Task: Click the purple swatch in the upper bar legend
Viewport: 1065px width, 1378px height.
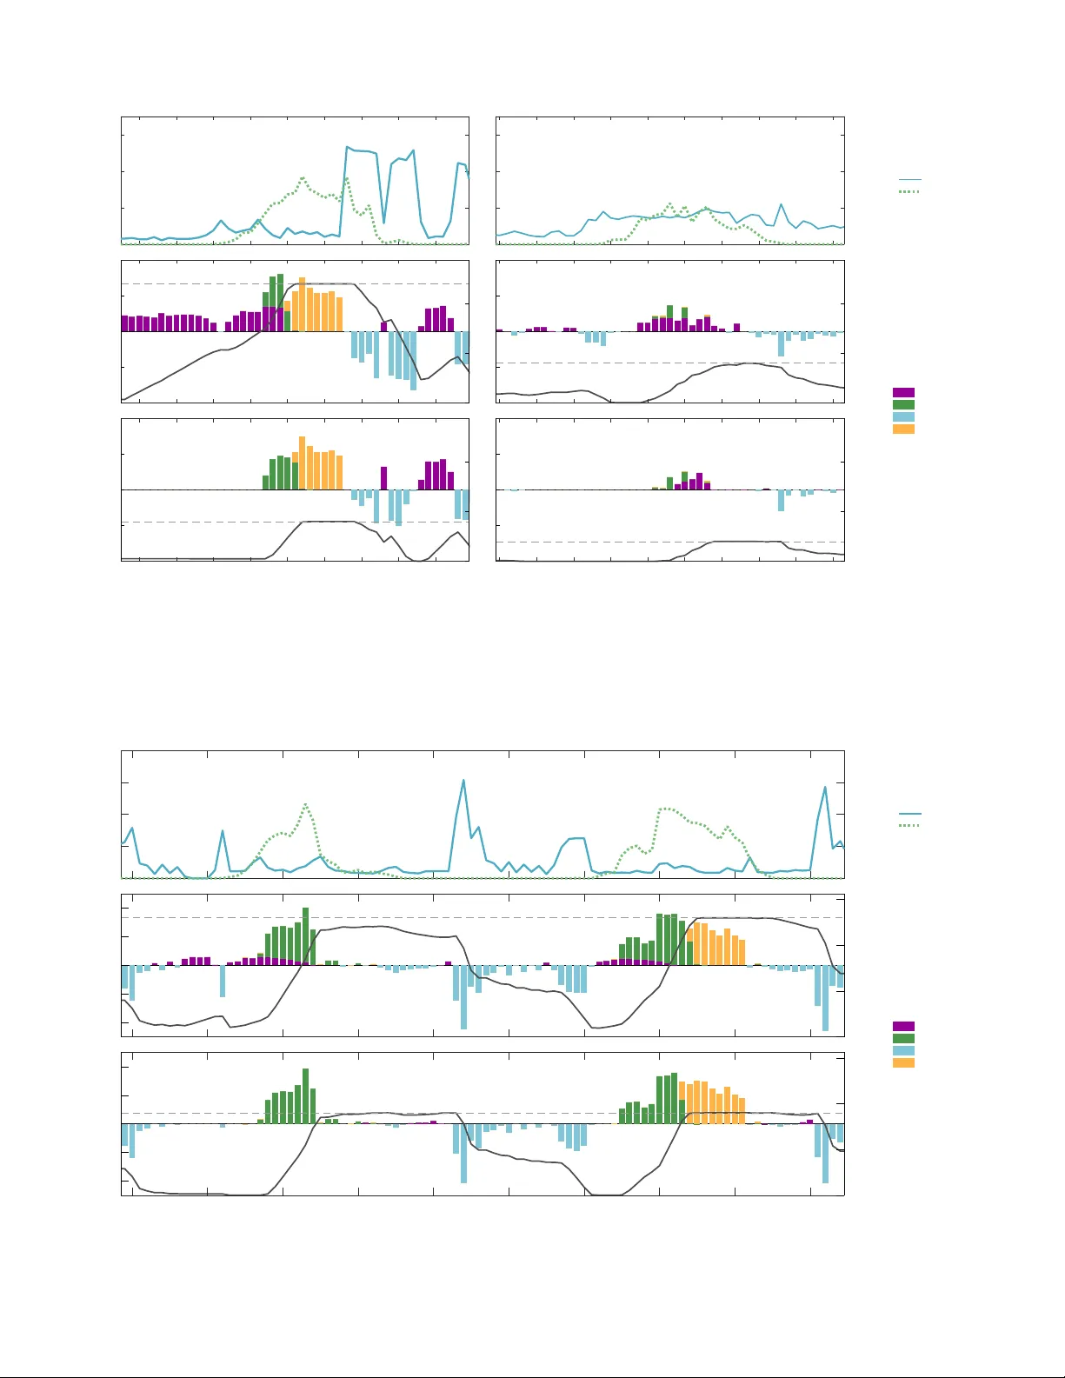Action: tap(903, 393)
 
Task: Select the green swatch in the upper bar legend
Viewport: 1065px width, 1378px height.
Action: tap(903, 405)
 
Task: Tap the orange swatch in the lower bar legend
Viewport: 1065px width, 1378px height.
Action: tap(903, 1063)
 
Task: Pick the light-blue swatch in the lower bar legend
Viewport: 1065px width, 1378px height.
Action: tap(903, 1051)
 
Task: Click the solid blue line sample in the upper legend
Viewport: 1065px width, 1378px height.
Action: tap(909, 180)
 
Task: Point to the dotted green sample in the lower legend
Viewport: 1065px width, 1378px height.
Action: tap(909, 825)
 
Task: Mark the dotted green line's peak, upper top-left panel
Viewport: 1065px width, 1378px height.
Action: tap(303, 178)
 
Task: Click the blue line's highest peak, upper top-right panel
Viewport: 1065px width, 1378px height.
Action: tap(781, 204)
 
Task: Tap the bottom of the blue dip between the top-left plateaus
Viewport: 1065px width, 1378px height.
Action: tap(384, 223)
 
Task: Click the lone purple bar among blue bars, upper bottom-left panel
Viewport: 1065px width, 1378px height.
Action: tap(384, 479)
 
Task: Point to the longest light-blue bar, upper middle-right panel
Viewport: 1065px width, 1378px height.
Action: tap(781, 344)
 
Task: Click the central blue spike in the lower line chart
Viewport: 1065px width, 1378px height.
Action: tap(463, 780)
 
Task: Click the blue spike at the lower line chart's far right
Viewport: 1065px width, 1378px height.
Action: tap(825, 787)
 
